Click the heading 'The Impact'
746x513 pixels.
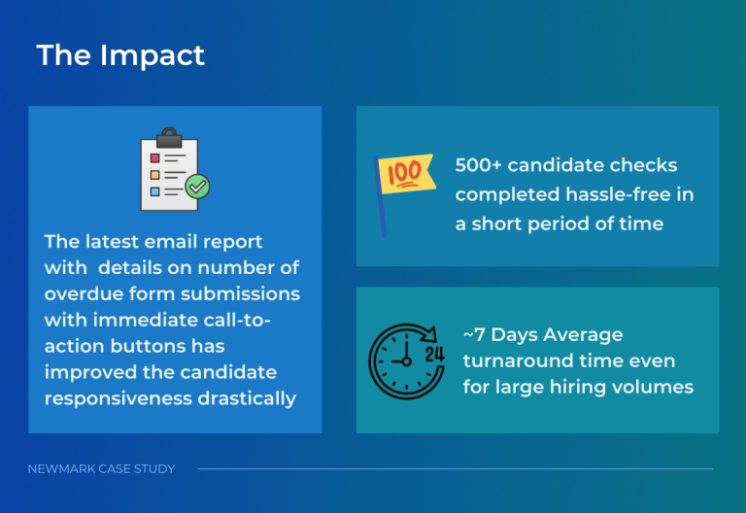coord(120,55)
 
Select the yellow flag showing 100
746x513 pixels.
coord(406,174)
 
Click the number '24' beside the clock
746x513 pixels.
coord(434,353)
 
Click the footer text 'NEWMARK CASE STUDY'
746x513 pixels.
coord(101,469)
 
